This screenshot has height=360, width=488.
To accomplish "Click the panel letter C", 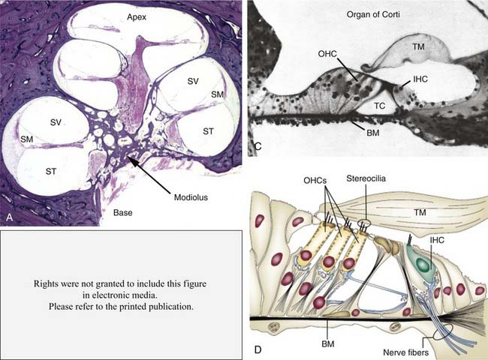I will (256, 146).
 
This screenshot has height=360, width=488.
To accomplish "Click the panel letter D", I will (258, 350).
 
